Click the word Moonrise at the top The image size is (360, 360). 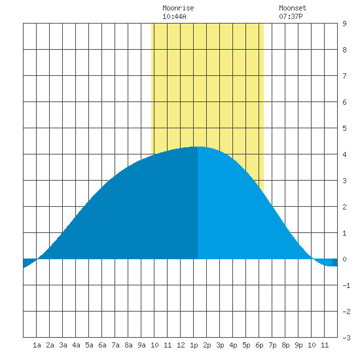click(x=178, y=9)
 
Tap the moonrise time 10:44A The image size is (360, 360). click(x=174, y=16)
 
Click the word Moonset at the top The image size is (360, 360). click(x=293, y=9)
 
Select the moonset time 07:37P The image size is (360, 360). click(x=291, y=16)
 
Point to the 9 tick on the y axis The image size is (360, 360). click(x=344, y=24)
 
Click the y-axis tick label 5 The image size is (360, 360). click(x=344, y=128)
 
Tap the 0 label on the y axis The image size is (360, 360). click(x=344, y=259)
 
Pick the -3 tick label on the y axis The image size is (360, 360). click(x=346, y=338)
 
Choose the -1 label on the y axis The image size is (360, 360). click(x=346, y=285)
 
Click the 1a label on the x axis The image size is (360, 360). click(x=37, y=345)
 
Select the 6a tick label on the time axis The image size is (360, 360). click(x=102, y=345)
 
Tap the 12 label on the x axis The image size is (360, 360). click(x=181, y=345)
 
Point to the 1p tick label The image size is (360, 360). click(x=194, y=345)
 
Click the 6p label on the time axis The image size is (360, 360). click(x=259, y=345)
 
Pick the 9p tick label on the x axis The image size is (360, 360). click(x=298, y=345)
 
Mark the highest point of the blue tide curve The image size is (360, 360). click(x=198, y=147)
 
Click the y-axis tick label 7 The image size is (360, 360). click(x=344, y=76)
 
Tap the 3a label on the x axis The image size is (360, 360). click(x=63, y=345)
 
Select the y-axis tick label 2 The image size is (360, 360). click(x=344, y=207)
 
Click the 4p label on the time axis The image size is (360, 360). click(x=233, y=345)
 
